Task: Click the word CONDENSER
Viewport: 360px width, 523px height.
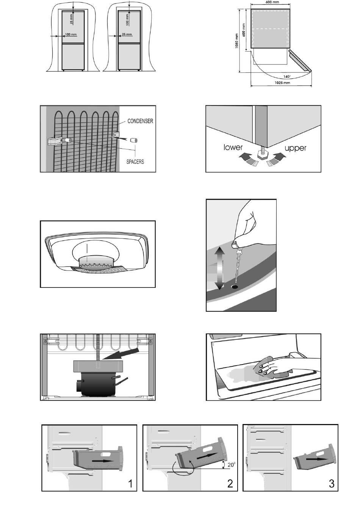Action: [x=140, y=121]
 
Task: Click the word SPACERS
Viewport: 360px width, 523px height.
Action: [x=135, y=162]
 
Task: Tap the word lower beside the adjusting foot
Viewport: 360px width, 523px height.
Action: [x=233, y=147]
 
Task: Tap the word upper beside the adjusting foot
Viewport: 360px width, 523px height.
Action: [x=295, y=148]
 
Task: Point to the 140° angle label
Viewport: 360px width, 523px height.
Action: [x=287, y=77]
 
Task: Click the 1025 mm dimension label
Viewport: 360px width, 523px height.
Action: [x=282, y=83]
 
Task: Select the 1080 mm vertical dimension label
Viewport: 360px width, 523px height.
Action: [x=237, y=41]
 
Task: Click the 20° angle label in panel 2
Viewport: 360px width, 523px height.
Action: [x=231, y=465]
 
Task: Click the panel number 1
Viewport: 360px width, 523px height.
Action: [x=130, y=484]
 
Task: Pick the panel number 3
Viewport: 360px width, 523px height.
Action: [x=332, y=484]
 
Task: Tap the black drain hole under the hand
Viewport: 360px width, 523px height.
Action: [x=235, y=286]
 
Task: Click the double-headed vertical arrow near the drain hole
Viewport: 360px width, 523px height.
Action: [x=219, y=269]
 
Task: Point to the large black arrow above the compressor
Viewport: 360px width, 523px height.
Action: [x=121, y=353]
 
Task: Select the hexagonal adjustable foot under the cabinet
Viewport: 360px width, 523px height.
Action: [x=263, y=155]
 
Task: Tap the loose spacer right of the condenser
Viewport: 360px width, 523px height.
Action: [x=134, y=140]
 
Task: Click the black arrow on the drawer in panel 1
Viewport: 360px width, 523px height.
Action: [x=103, y=461]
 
